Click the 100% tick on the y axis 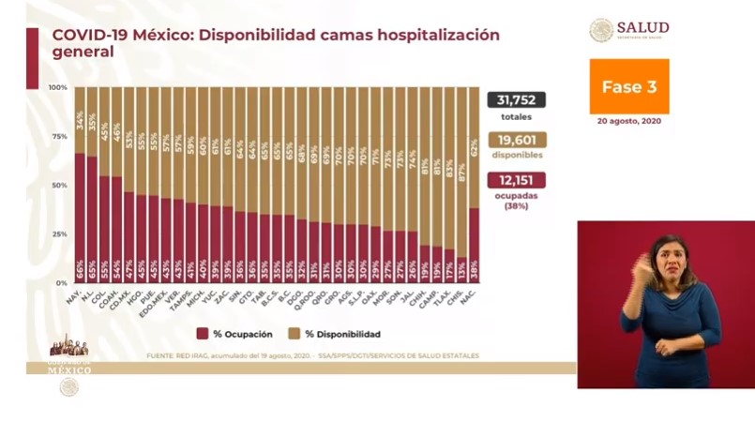[x=57, y=87]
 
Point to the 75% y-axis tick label [x=58, y=136]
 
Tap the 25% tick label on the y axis [x=58, y=234]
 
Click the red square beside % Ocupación [x=202, y=333]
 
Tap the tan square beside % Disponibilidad [x=294, y=333]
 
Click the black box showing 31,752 [x=516, y=100]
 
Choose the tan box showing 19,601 [x=516, y=139]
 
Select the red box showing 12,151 [x=516, y=179]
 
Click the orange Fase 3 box [x=628, y=85]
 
